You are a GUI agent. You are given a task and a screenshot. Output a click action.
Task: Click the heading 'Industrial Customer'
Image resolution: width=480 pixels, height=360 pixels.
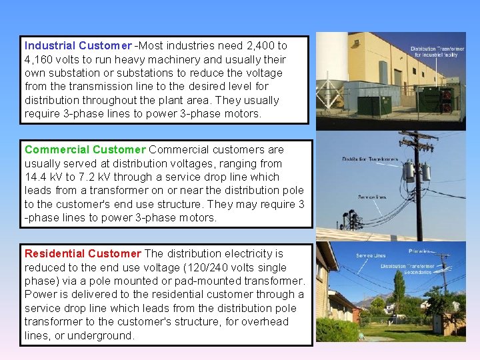coord(77,46)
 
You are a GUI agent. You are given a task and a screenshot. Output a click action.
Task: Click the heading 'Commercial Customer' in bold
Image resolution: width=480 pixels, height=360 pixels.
coord(85,150)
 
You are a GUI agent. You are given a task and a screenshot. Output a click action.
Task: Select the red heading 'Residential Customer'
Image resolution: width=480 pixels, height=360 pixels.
coord(83,253)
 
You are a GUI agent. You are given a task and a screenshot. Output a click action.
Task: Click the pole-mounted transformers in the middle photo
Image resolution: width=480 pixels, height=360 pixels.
coord(416,171)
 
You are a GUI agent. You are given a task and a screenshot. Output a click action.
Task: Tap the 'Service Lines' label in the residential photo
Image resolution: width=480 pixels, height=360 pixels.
coord(371,256)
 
